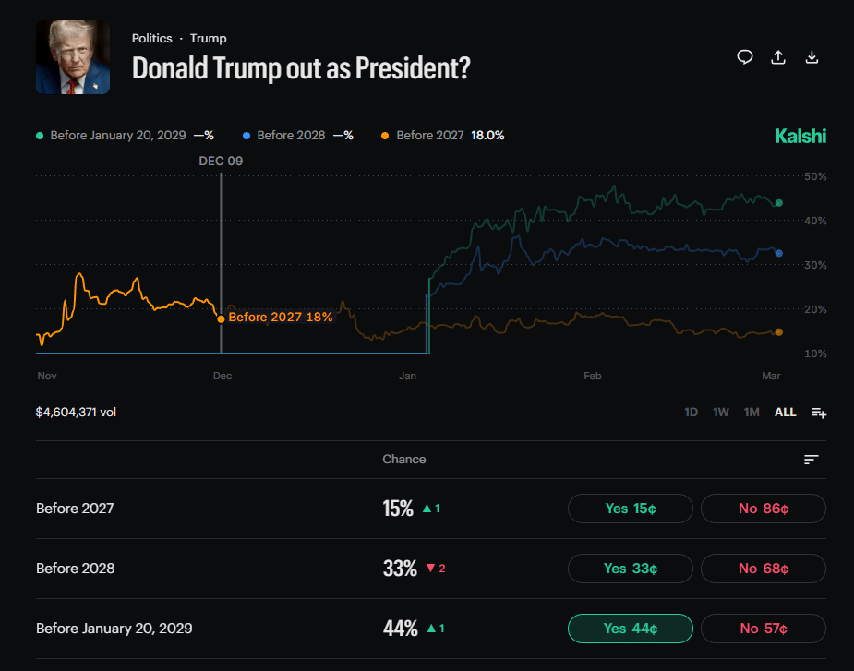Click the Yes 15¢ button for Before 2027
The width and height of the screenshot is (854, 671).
pos(630,509)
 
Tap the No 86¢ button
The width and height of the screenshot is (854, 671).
pos(763,509)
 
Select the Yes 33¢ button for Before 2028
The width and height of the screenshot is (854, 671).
pos(630,569)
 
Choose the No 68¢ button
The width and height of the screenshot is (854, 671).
pos(763,569)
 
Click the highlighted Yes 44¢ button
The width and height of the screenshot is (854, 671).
pos(630,629)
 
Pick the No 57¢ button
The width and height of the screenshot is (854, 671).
pos(763,629)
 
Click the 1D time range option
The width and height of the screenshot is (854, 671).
pos(691,413)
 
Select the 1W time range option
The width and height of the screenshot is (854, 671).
pos(721,413)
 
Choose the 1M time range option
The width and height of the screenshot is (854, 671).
pos(752,413)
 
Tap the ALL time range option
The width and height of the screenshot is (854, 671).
pos(785,413)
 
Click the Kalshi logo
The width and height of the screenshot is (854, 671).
pos(800,137)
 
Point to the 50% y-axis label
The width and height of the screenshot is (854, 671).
pos(814,176)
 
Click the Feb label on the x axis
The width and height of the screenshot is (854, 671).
pos(592,377)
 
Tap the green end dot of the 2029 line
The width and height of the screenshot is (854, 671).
pos(778,203)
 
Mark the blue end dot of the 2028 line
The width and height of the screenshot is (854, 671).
pos(778,253)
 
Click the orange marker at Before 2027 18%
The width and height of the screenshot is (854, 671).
pos(221,318)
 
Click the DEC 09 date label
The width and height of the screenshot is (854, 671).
pos(221,161)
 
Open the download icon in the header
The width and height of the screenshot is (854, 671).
pos(812,57)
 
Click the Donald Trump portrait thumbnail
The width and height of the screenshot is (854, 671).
pos(73,57)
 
